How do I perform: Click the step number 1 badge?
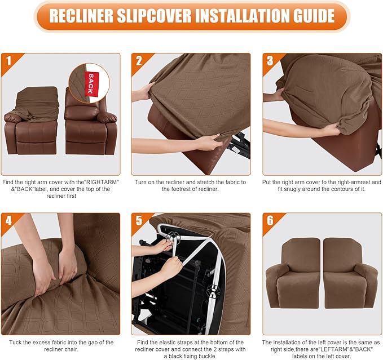pyautogui.click(x=8, y=60)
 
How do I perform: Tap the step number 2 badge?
pyautogui.click(x=139, y=60)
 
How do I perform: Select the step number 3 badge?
pyautogui.click(x=270, y=60)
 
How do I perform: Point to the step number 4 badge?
pyautogui.click(x=8, y=220)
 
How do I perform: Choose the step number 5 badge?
pyautogui.click(x=139, y=220)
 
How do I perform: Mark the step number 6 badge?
pyautogui.click(x=270, y=220)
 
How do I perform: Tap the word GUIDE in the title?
pyautogui.click(x=307, y=16)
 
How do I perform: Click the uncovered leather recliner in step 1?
pyautogui.click(x=90, y=127)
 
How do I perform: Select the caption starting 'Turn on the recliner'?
pyautogui.click(x=191, y=186)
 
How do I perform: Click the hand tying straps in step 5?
pyautogui.click(x=164, y=265)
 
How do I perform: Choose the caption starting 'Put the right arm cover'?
pyautogui.click(x=322, y=186)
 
